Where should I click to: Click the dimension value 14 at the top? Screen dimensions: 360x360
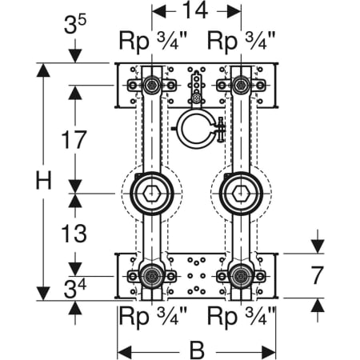pos(196,11)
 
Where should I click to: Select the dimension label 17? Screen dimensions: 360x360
pos(74,139)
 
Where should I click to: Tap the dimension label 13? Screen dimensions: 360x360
pos(74,233)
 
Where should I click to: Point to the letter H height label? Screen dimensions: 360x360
pos(43,180)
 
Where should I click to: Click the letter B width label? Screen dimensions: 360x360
pos(197,350)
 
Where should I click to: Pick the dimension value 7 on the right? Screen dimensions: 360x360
pos(318,275)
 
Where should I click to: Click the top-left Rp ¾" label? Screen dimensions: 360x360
pos(152,42)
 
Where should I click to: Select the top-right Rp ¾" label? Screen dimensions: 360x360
pos(241,42)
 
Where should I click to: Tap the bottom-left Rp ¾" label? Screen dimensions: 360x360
pos(153,316)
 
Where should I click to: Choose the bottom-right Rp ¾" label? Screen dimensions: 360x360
pos(241,316)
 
